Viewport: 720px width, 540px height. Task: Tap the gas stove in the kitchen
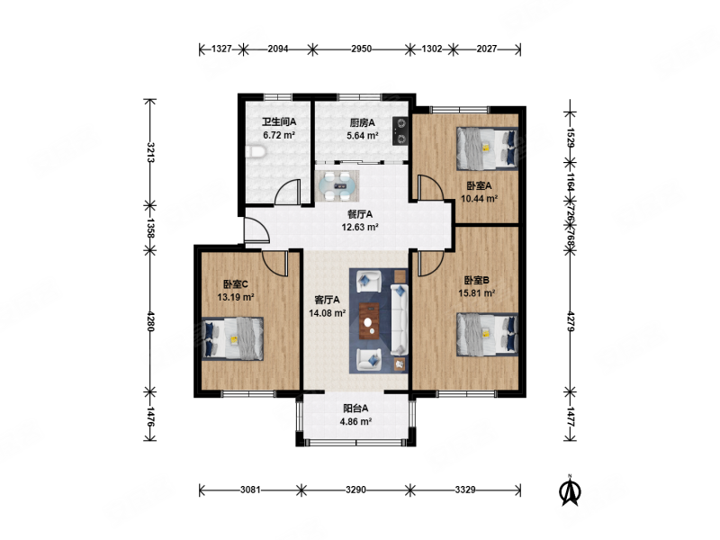(400, 131)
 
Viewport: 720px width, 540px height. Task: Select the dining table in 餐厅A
(339, 186)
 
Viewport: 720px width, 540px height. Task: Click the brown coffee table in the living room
(369, 320)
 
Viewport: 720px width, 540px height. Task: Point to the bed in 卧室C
(232, 338)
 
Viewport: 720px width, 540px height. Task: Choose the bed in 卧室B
(487, 334)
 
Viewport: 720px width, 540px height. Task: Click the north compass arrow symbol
(570, 490)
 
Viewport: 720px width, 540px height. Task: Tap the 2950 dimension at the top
(362, 49)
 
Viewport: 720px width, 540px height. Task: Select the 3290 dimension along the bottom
(355, 490)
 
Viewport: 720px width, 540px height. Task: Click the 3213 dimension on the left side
(150, 152)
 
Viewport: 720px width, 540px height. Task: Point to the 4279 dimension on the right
(571, 321)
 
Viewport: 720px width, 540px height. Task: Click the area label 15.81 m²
(477, 293)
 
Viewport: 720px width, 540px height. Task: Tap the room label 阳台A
(355, 409)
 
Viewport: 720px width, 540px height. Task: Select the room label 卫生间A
(279, 121)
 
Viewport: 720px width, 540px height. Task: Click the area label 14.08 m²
(327, 313)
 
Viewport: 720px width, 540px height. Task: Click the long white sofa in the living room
(399, 319)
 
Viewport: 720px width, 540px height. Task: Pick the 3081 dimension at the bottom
(250, 490)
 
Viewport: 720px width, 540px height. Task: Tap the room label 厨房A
(363, 122)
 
